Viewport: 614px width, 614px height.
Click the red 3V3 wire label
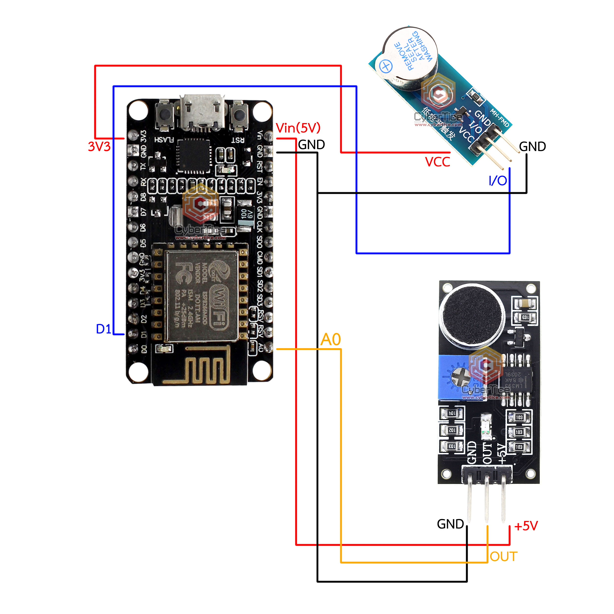pos(99,147)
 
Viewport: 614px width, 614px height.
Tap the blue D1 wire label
pos(104,329)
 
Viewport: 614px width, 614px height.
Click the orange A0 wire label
pos(331,339)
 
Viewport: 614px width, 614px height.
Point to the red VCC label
pos(438,162)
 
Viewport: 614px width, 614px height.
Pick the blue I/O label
pos(498,181)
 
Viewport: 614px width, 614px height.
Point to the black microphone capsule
pos(472,313)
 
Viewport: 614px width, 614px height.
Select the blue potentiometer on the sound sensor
pos(455,377)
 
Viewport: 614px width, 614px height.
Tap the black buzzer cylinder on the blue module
pos(410,57)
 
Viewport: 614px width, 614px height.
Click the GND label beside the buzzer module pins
pos(532,147)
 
